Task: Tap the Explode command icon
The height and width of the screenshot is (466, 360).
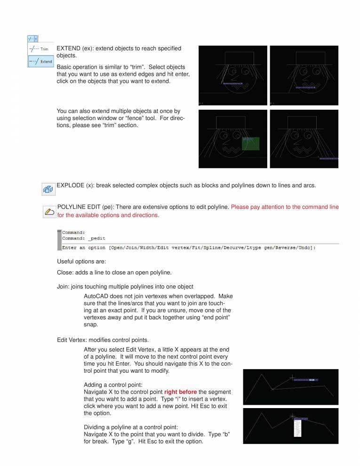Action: pos(48,189)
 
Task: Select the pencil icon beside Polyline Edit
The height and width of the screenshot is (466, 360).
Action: pos(48,211)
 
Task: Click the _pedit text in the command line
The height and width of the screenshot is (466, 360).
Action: pos(96,239)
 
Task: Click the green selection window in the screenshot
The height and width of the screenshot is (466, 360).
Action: pos(251,144)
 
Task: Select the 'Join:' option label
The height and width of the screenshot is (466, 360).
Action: pos(63,286)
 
